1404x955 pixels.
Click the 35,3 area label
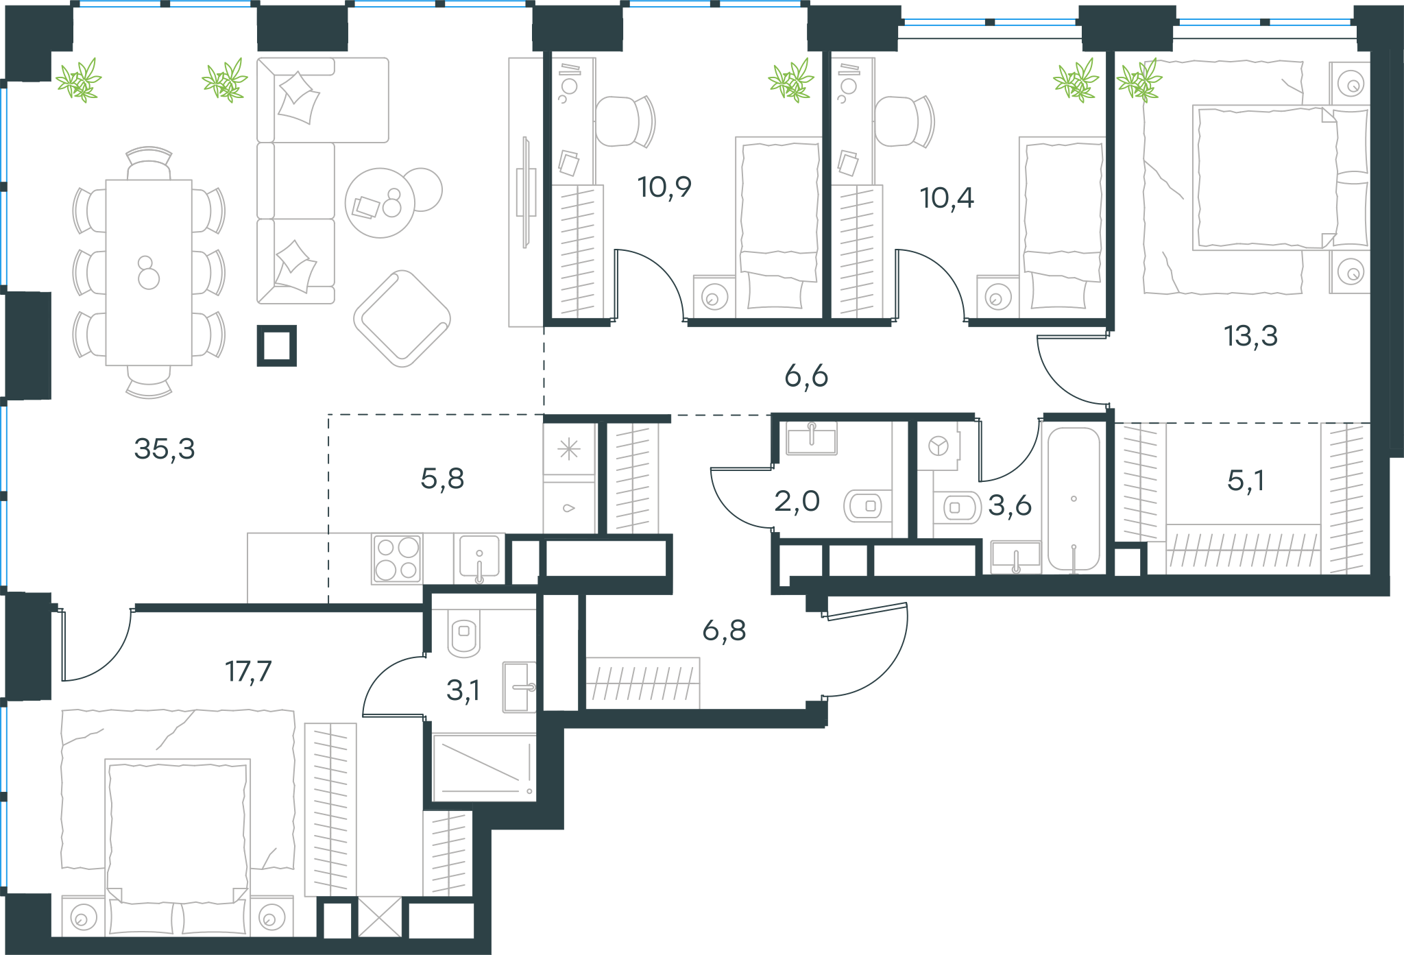(165, 449)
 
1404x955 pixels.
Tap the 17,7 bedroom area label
(248, 671)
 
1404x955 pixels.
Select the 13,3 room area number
(1250, 336)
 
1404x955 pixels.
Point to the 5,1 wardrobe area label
(1246, 481)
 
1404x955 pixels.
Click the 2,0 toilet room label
(797, 501)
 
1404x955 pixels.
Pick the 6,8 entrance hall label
(724, 630)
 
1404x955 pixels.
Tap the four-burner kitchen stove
(397, 559)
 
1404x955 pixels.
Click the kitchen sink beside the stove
(479, 559)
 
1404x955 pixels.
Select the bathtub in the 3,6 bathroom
(1074, 500)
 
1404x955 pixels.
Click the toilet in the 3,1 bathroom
(464, 633)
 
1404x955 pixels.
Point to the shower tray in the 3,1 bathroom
(484, 768)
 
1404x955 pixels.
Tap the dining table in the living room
(149, 272)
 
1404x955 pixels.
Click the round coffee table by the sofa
(380, 203)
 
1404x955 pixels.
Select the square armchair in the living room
(402, 319)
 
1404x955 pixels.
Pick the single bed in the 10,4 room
(1061, 226)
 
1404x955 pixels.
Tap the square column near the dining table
(277, 346)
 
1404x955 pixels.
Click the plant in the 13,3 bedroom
(1139, 81)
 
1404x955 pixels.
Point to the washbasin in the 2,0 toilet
(812, 438)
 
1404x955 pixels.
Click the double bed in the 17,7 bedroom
(178, 847)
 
